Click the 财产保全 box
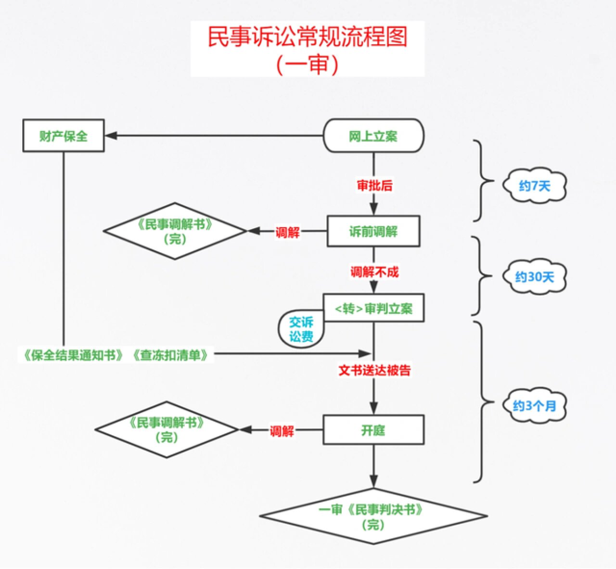(x=64, y=136)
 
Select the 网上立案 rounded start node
(x=373, y=136)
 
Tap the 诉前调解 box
(x=373, y=232)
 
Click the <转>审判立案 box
(x=373, y=308)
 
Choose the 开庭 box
(x=373, y=430)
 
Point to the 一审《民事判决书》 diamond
(x=373, y=516)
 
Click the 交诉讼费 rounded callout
(x=301, y=329)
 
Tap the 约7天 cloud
(x=534, y=186)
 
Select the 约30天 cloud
(x=534, y=277)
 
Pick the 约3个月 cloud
(x=534, y=406)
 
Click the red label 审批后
(x=374, y=185)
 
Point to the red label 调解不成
(x=374, y=272)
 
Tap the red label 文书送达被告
(x=374, y=370)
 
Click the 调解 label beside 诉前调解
(x=287, y=233)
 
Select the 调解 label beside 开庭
(x=282, y=431)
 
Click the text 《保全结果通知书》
(x=74, y=355)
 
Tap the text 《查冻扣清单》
(x=172, y=355)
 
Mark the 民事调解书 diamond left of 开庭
(x=167, y=430)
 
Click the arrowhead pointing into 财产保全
(x=111, y=136)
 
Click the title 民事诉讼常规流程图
(x=308, y=37)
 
